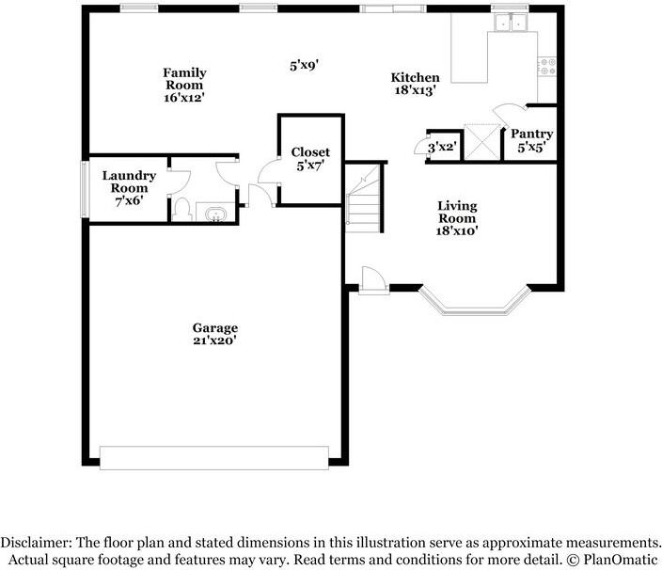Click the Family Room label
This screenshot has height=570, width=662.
click(x=184, y=79)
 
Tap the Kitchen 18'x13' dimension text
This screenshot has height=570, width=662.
click(x=415, y=90)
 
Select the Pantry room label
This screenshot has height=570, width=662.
click(x=532, y=134)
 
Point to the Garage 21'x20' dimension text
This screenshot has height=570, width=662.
click(x=214, y=340)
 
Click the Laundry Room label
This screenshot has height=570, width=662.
click(x=129, y=182)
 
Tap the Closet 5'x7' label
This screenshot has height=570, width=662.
click(x=310, y=159)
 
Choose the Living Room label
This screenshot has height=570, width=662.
click(x=457, y=212)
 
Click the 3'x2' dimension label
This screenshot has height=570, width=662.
click(x=443, y=148)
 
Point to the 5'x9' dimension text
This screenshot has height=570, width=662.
click(x=304, y=66)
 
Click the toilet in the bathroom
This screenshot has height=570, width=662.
click(x=182, y=210)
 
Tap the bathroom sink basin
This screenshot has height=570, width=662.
click(x=215, y=214)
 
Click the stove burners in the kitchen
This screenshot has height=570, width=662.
click(x=547, y=67)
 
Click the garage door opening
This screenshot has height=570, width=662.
click(x=214, y=458)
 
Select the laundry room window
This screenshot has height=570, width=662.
click(x=85, y=190)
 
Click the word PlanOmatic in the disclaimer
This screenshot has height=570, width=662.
click(x=621, y=560)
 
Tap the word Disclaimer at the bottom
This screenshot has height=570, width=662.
click(x=32, y=543)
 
